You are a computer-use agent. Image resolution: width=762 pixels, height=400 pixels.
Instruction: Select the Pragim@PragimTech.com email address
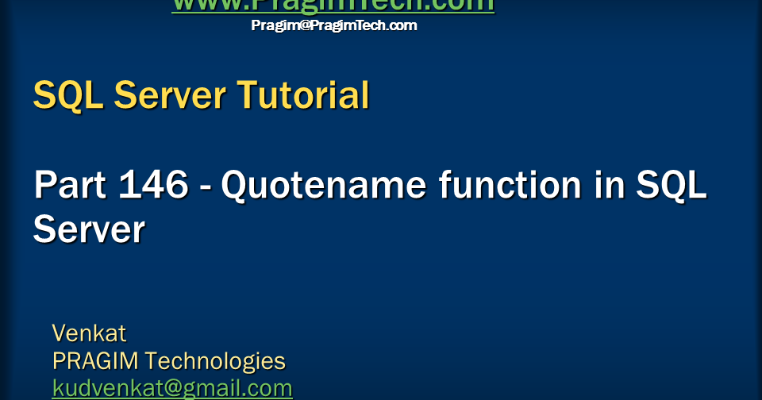pos(333,25)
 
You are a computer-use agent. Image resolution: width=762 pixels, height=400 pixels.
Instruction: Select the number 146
pos(154,187)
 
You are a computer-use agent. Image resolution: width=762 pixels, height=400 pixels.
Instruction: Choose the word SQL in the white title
pos(673,187)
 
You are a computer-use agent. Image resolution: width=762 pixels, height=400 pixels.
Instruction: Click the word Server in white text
pos(89,230)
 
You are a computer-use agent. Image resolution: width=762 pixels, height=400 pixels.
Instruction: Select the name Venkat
pos(89,333)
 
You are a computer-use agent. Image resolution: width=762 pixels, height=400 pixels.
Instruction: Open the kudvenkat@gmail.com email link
pos(172,388)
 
